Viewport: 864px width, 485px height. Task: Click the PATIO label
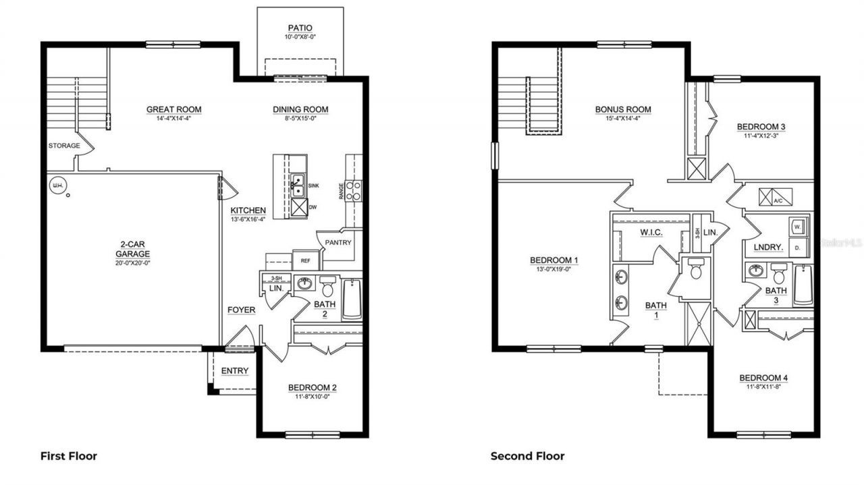point(300,28)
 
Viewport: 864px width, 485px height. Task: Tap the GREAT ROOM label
point(174,109)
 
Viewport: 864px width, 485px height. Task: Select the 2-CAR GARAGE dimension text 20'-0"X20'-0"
point(132,263)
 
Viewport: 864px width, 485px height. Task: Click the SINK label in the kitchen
point(313,184)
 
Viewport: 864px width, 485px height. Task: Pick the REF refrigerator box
point(305,260)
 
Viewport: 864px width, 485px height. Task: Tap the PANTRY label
point(338,243)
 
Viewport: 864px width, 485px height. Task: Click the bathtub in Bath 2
point(352,299)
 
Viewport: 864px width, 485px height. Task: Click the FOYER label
point(241,310)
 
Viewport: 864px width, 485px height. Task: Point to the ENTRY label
point(235,371)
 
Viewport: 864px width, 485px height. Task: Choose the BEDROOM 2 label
point(312,388)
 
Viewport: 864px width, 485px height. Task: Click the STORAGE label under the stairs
point(64,146)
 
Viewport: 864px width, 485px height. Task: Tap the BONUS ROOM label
point(622,109)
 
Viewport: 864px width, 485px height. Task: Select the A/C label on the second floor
point(778,200)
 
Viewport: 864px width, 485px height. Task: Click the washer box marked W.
point(797,226)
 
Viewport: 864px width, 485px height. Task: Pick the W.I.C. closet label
point(651,233)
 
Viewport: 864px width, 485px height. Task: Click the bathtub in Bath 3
point(803,286)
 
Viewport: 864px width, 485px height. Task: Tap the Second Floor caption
point(527,456)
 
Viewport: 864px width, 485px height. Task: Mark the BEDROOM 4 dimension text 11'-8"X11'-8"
point(763,387)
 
